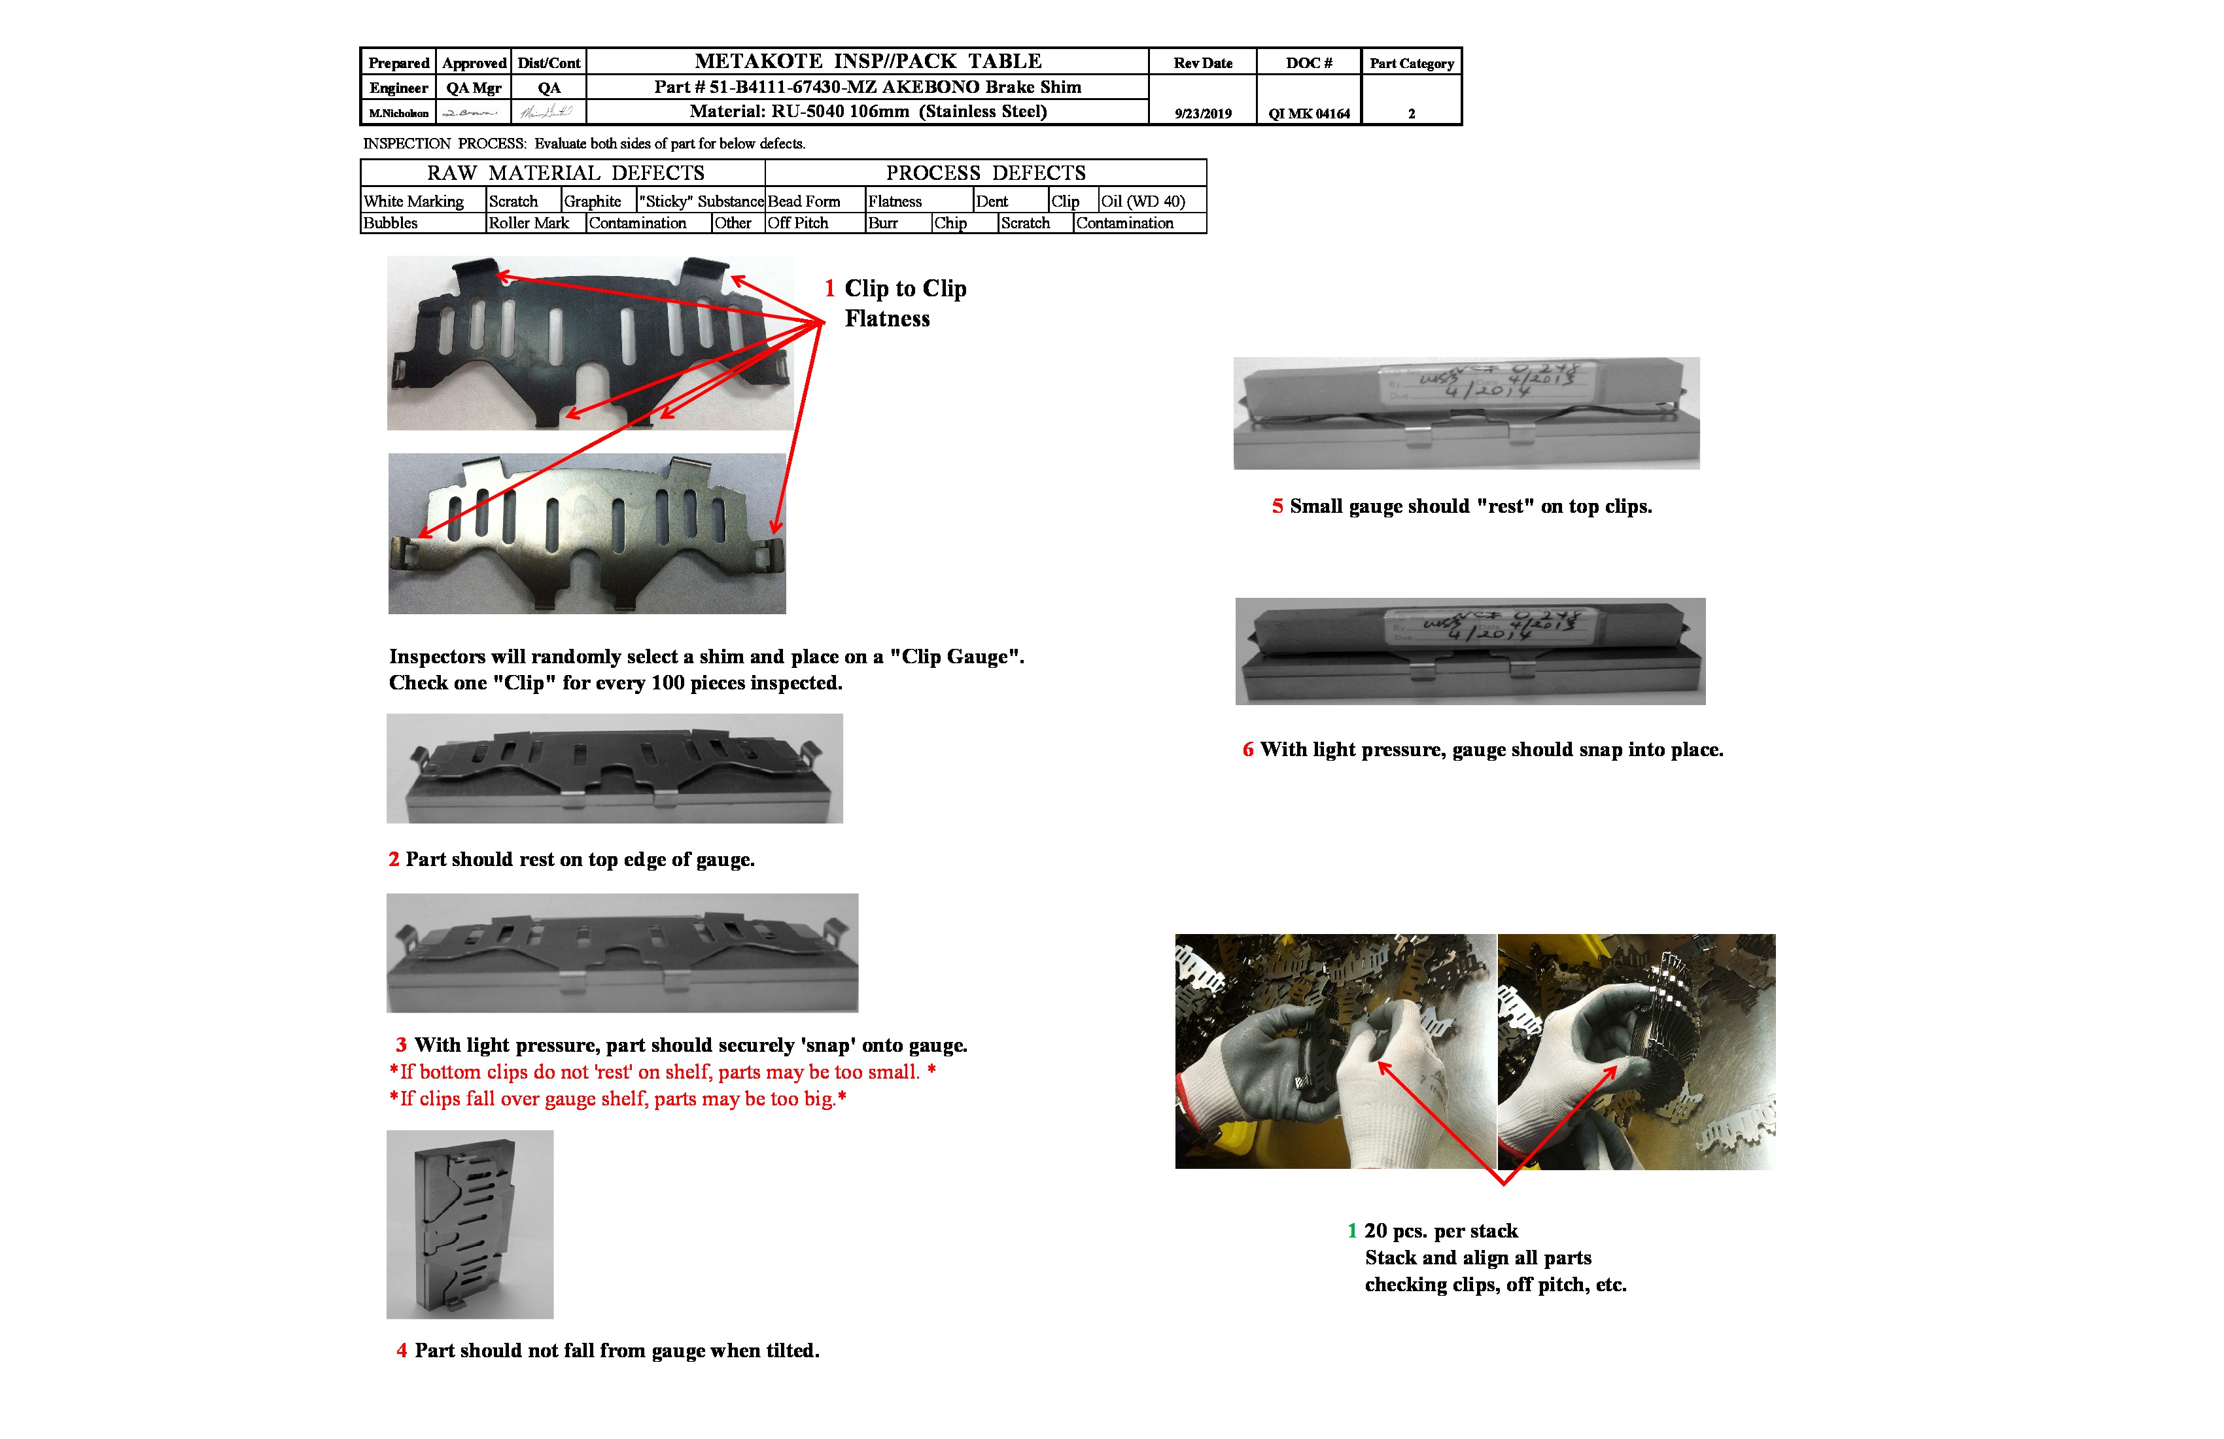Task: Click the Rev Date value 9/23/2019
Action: [1203, 114]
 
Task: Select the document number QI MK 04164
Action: [1308, 114]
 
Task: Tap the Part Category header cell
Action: [1411, 63]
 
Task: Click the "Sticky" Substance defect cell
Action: [701, 201]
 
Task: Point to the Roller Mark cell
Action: [529, 223]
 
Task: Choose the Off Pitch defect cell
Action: [798, 223]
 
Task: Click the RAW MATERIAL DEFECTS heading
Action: [565, 173]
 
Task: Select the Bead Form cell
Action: [804, 201]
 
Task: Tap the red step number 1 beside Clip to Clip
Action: [829, 288]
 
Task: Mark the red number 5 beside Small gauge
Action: [1277, 506]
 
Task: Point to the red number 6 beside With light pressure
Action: [1247, 750]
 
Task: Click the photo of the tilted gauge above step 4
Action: [470, 1224]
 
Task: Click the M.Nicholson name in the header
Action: [398, 114]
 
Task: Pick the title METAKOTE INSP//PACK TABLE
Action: [867, 61]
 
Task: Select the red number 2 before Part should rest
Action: [393, 859]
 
